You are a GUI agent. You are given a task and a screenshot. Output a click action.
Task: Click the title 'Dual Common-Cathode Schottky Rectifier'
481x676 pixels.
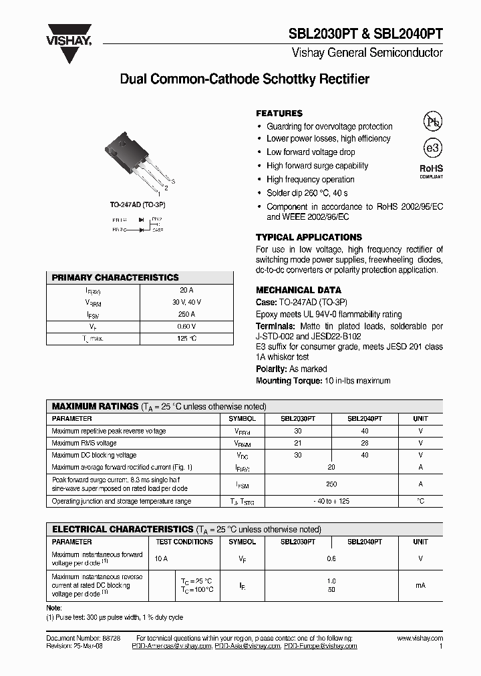pos(244,79)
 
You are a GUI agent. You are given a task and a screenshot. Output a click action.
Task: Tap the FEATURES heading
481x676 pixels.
pos(279,114)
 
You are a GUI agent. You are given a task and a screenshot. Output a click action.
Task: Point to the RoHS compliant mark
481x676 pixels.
pos(431,171)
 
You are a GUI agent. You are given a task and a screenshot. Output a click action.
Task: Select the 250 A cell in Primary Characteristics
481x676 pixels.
pos(186,314)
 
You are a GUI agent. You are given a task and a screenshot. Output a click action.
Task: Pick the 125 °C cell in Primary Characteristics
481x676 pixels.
pos(186,339)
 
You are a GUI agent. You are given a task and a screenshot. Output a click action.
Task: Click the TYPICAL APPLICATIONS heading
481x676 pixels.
pos(309,237)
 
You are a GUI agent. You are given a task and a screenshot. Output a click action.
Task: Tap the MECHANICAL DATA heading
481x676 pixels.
pos(299,290)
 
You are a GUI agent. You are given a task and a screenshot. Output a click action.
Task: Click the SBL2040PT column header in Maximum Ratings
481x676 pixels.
pos(364,419)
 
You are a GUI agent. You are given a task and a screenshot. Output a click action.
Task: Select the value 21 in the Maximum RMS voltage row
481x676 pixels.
pos(297,443)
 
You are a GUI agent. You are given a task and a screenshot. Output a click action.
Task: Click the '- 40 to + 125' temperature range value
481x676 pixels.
pos(331,501)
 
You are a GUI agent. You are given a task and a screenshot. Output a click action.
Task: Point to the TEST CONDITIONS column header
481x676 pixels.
pos(184,542)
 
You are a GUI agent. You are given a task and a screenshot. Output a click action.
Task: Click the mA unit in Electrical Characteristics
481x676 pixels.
pos(420,585)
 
